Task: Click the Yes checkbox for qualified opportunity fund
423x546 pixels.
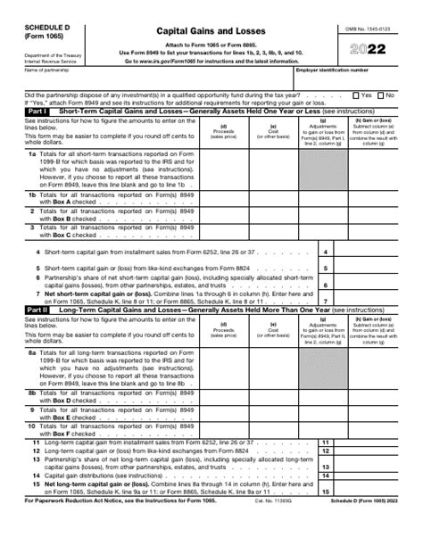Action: click(355, 94)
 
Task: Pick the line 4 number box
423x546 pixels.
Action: click(326, 253)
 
